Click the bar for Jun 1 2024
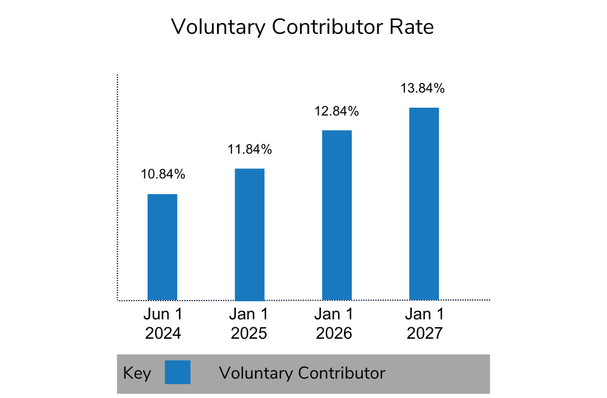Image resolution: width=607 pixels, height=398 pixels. coord(163,247)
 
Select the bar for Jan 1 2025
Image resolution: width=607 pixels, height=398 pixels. coord(250,234)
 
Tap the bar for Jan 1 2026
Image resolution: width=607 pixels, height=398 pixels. coord(337,215)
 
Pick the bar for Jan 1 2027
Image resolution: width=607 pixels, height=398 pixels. coord(424,203)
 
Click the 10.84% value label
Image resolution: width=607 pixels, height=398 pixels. coord(163,175)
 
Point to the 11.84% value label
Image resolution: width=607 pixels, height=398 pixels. coord(250,149)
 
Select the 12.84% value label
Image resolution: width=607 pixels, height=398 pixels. coord(337,111)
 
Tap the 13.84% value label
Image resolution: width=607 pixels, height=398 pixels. coord(423,88)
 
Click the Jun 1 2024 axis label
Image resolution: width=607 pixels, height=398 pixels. coord(163,324)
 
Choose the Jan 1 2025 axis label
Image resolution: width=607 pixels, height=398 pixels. coord(248,324)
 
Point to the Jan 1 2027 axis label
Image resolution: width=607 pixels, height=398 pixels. coord(424,324)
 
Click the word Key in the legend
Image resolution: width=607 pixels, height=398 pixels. coord(137,373)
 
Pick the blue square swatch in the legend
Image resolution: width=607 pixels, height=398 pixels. coord(178,372)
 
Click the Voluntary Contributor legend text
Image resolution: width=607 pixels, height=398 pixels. coord(302,373)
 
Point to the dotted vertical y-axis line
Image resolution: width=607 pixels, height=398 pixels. coord(117,181)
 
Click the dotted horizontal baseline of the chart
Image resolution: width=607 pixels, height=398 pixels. coord(302,300)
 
